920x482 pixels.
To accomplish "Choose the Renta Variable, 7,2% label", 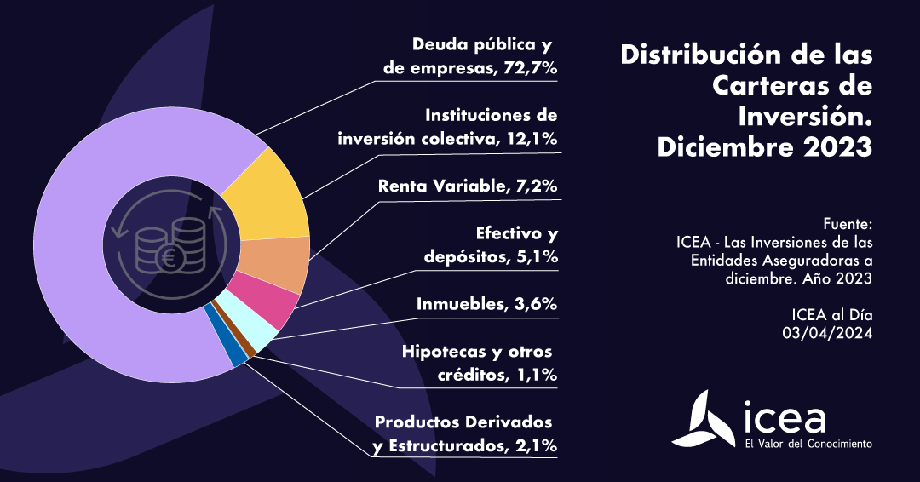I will pyautogui.click(x=467, y=186).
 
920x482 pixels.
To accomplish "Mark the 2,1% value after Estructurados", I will pyautogui.click(x=533, y=445).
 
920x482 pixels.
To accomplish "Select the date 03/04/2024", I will pyautogui.click(x=828, y=333).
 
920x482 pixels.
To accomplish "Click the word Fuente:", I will pyautogui.click(x=848, y=225).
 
